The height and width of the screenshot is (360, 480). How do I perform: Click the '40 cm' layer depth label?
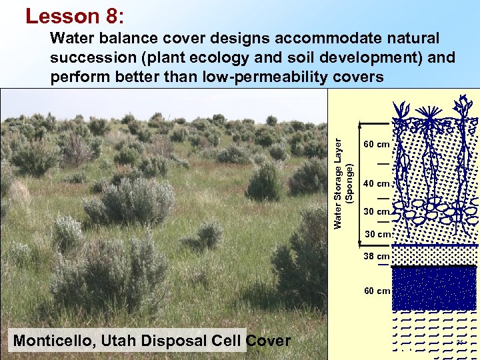point(376,184)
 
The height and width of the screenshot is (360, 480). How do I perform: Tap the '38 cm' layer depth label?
point(376,256)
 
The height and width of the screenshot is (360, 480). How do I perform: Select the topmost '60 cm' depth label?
point(376,144)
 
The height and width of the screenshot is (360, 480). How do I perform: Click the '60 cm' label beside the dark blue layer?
point(376,291)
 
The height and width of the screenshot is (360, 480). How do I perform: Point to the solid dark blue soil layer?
point(435,288)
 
